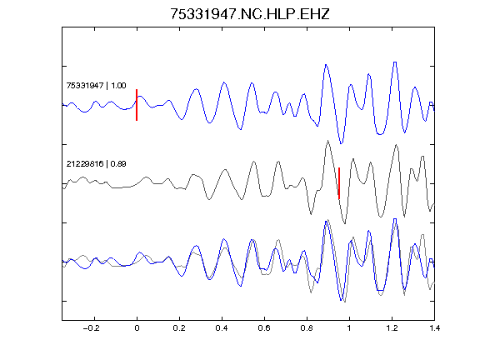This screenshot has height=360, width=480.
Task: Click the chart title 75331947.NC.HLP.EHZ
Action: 250,14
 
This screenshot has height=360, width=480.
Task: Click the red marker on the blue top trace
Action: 137,105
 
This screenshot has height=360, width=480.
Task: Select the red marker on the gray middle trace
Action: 339,183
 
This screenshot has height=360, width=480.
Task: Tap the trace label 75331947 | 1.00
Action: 96,85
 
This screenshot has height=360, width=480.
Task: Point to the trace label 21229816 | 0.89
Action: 96,164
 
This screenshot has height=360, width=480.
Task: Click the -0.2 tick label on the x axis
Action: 92,328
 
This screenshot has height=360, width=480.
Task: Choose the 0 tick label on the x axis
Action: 137,328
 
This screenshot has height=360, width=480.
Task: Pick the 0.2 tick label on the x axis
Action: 179,328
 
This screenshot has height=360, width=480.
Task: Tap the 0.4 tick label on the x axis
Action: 222,328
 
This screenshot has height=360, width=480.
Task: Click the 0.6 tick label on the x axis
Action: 264,328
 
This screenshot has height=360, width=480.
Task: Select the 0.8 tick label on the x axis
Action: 307,328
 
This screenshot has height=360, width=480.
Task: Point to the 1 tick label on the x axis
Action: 349,328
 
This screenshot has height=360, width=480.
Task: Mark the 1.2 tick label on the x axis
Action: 392,328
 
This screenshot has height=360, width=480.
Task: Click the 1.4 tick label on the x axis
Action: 434,328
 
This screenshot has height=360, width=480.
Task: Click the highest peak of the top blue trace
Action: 395,62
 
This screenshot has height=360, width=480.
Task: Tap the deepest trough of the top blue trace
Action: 342,142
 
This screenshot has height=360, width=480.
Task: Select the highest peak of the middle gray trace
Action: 327,141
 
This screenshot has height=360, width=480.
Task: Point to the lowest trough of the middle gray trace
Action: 345,223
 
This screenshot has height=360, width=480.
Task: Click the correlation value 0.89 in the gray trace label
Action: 118,164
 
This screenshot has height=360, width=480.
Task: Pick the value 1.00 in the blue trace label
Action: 118,85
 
